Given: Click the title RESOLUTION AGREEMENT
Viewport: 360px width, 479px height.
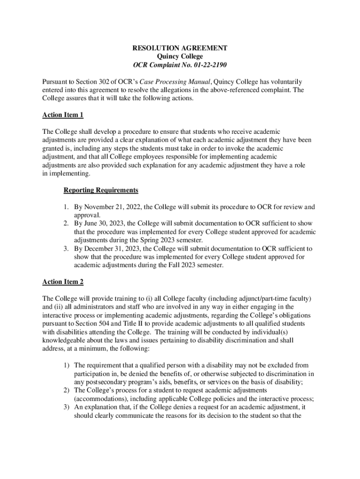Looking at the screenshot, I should tap(180, 48).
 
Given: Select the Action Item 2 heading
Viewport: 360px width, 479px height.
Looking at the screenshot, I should tap(63, 282).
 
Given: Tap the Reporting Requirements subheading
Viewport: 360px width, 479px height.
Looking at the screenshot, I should tap(101, 190).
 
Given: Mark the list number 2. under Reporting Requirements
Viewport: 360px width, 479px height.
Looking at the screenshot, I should tap(66, 224).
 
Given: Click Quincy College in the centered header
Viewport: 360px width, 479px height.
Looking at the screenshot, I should tap(180, 57).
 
